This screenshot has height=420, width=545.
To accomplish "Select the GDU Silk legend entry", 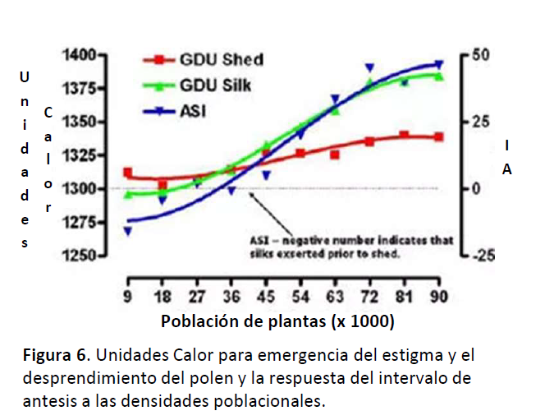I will coord(216,85).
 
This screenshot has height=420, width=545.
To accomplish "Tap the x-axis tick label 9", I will coord(127,297).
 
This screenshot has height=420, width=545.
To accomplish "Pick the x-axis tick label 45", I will coord(265,297).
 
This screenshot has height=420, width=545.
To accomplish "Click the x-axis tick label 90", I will coord(439,297).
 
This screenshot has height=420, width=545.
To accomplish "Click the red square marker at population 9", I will coord(127,173).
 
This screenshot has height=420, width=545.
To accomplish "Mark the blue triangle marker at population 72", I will coord(369,67).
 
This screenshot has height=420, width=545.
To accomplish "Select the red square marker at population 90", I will coord(439,136).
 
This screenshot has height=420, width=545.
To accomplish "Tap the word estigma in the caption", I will coord(418,357).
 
